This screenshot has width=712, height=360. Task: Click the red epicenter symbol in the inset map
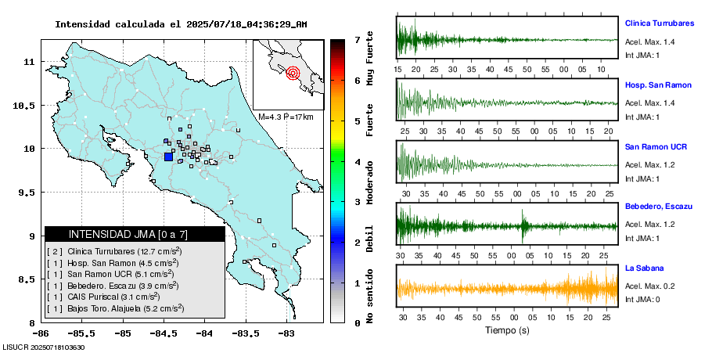coord(293,74)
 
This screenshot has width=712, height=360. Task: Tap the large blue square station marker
coord(168,157)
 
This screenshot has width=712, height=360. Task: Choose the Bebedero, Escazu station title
coord(659,206)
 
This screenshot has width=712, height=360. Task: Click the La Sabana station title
coord(643,268)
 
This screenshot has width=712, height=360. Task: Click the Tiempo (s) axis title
coord(508,330)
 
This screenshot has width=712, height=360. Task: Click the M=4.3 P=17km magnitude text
coord(286,117)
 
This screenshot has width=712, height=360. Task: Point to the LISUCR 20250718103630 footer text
coord(43,347)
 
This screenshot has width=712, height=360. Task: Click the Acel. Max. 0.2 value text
coord(649,286)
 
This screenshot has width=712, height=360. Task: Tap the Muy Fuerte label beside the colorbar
coord(369,56)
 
